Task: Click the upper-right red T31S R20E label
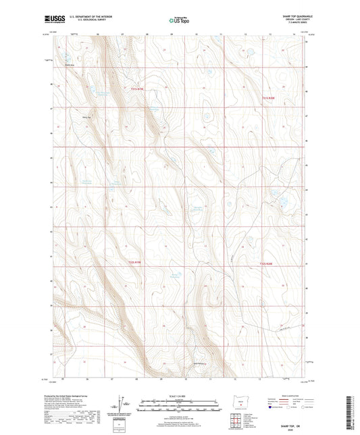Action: coord(269,99)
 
